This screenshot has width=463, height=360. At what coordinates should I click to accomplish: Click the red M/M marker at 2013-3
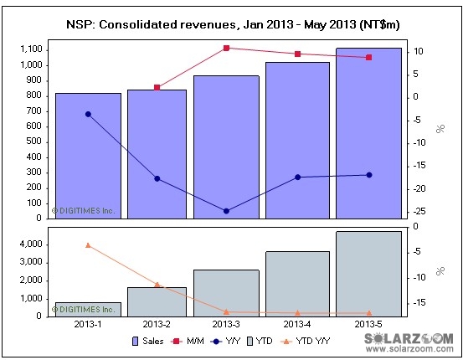tap(227, 48)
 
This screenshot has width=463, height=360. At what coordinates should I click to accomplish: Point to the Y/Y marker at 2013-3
tap(227, 211)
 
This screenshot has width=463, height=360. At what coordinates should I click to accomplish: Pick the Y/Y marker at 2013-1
tap(88, 114)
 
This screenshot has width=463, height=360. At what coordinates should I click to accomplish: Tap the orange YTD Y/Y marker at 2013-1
tap(88, 244)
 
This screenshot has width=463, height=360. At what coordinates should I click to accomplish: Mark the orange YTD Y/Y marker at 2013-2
tap(157, 285)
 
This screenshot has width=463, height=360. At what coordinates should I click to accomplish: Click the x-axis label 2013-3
tap(227, 324)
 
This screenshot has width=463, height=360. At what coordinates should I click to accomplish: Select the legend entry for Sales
tap(148, 342)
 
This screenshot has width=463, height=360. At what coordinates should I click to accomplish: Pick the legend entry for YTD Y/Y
tap(311, 342)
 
